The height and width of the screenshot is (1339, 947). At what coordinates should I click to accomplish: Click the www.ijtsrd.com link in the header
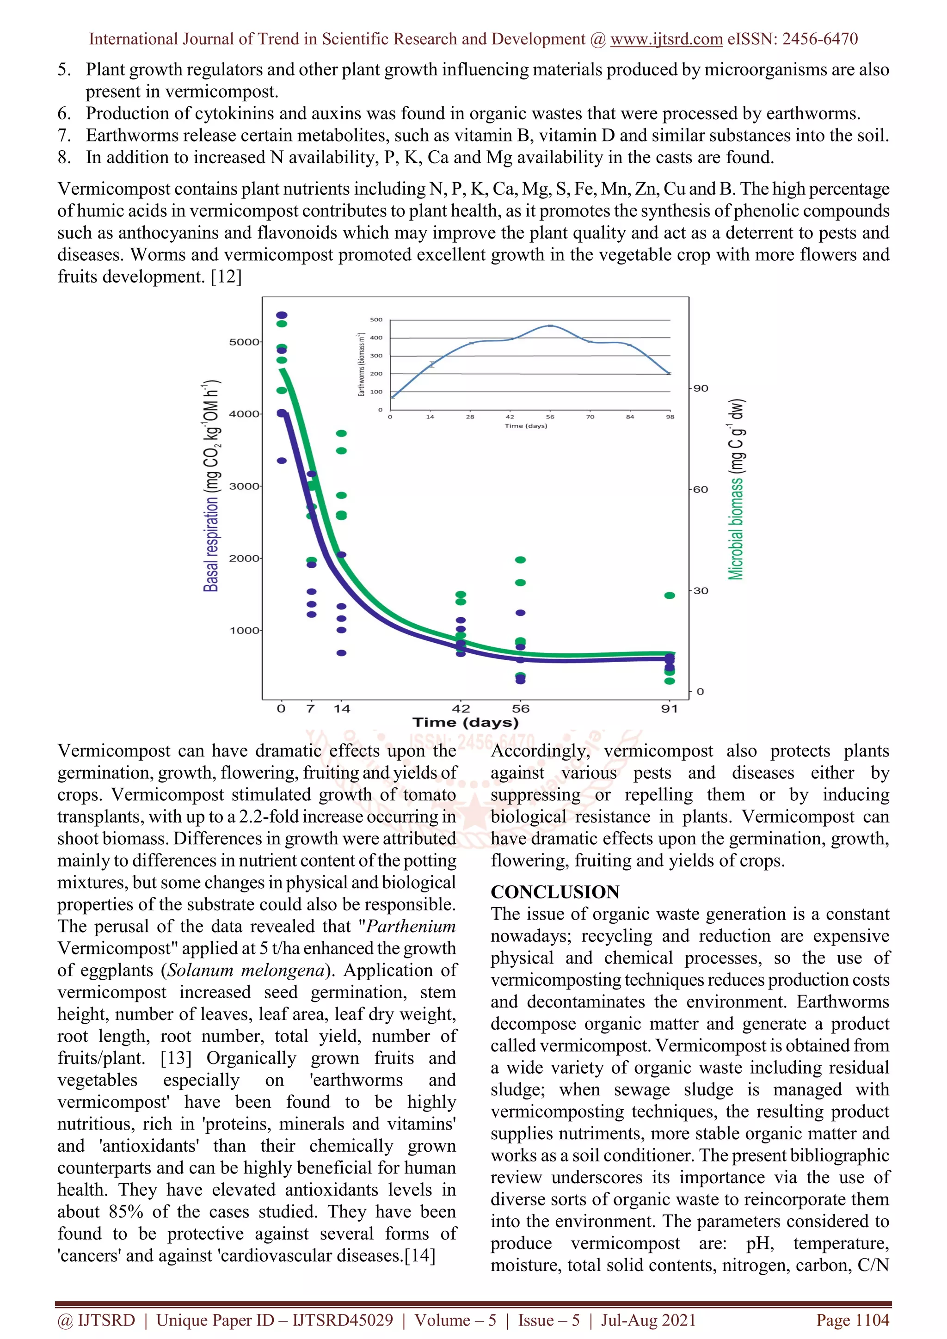click(x=666, y=39)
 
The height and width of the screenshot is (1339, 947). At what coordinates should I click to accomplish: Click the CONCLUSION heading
click(x=554, y=892)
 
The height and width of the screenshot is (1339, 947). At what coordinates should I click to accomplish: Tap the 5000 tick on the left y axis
click(x=244, y=342)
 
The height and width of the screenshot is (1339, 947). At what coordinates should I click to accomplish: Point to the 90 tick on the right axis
click(x=701, y=388)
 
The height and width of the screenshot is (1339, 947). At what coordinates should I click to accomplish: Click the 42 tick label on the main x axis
click(x=461, y=709)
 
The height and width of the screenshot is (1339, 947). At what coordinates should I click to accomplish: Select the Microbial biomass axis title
click(x=737, y=490)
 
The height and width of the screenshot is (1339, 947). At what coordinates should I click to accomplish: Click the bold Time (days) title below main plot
click(x=465, y=723)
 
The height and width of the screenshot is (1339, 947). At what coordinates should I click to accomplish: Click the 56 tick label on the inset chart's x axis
click(x=550, y=417)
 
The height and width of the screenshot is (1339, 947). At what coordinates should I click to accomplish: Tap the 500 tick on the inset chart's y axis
click(x=376, y=319)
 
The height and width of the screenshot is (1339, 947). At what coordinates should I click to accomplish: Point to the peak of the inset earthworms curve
click(x=550, y=326)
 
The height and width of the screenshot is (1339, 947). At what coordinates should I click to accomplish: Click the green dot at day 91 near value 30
click(x=670, y=596)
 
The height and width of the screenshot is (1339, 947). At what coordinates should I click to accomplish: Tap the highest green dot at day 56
click(x=521, y=560)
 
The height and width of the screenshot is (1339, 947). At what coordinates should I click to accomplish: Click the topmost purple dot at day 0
click(x=282, y=315)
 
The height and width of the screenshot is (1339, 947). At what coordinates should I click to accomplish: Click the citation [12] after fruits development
click(x=226, y=276)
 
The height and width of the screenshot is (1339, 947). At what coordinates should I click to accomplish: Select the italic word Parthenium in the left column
click(x=411, y=926)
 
